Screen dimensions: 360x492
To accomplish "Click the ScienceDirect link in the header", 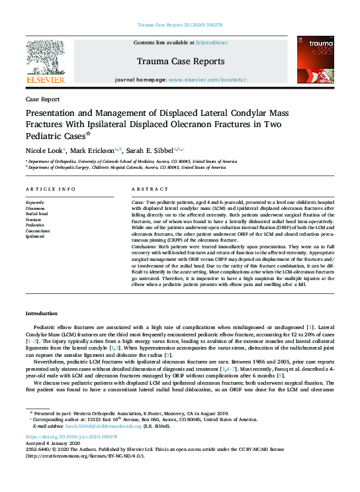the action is pos(212,42).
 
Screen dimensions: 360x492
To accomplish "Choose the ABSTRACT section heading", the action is pos(146,189).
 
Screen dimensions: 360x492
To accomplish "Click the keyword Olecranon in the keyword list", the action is pos(36,208).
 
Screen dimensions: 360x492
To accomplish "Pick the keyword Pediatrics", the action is pos(36,224).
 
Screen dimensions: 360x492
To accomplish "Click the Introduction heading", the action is pos(42,313).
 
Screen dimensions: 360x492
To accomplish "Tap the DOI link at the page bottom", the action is pos(71,438).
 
